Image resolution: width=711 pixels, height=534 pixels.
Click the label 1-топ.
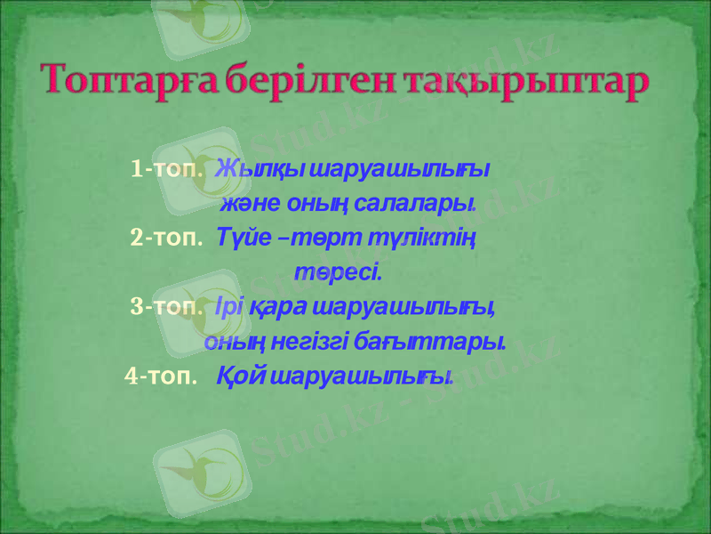click(167, 168)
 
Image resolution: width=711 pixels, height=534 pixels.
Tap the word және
click(249, 204)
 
